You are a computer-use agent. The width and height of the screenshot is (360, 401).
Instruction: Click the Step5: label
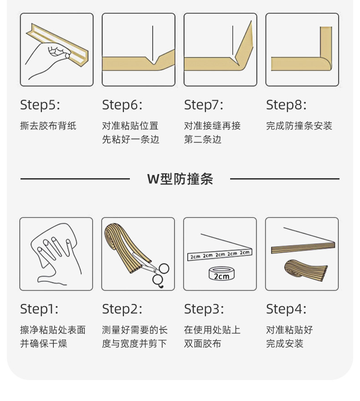(40, 105)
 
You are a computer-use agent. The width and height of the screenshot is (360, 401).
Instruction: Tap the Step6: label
(122, 105)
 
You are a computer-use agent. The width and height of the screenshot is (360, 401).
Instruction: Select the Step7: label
(204, 105)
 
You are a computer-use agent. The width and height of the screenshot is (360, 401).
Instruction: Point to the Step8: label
(286, 105)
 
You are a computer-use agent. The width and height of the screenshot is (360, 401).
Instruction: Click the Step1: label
(39, 309)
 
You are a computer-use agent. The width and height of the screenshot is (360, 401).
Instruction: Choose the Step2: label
(122, 309)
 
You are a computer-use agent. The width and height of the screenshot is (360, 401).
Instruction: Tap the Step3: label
(204, 309)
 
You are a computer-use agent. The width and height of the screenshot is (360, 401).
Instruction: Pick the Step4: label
(286, 309)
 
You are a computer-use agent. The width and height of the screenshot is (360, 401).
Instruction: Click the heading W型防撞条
(180, 179)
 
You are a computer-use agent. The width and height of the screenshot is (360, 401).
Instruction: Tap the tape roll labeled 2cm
(221, 273)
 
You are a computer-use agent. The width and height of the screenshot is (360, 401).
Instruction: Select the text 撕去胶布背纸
(48, 126)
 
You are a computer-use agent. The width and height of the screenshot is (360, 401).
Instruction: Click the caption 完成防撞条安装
(299, 126)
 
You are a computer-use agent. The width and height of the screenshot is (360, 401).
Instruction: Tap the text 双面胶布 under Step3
(202, 344)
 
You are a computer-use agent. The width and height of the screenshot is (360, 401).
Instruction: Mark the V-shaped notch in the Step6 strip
(154, 61)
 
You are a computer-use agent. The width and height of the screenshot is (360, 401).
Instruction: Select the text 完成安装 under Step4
(285, 344)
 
